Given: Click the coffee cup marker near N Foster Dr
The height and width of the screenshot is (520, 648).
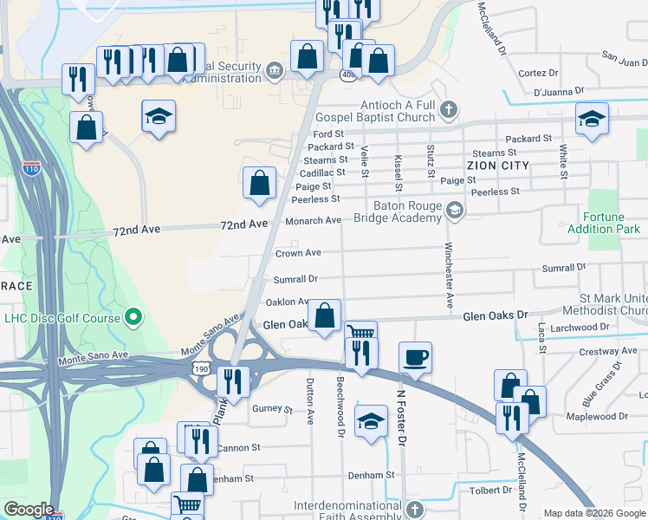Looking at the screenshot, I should click(x=416, y=356).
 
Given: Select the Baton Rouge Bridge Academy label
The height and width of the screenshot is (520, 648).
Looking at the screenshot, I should click(x=407, y=212).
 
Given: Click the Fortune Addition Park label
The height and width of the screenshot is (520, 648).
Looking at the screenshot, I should click(x=603, y=223).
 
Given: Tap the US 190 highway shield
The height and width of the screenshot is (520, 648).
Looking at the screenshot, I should click(x=201, y=368).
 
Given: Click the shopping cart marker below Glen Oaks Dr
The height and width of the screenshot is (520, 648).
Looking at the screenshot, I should click(x=360, y=332).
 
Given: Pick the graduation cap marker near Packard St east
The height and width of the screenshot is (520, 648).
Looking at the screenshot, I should click(x=592, y=119).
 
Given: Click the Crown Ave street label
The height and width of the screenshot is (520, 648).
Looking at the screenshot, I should click(x=298, y=253).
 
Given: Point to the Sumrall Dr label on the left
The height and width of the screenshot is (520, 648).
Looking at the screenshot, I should click(x=295, y=279).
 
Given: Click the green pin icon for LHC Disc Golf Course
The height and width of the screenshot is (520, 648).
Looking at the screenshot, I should click(x=133, y=318).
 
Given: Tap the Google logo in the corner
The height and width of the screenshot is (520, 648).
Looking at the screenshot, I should click(x=29, y=510).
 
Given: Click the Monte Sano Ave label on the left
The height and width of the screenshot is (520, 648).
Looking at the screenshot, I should click(x=93, y=356).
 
